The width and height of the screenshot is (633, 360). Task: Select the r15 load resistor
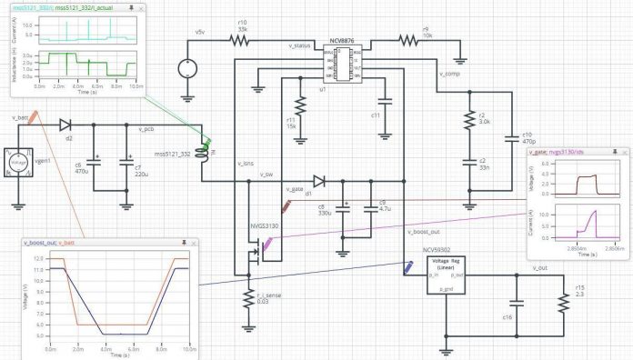click(x=564, y=301)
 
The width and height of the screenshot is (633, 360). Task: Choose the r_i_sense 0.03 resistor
click(x=246, y=296)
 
